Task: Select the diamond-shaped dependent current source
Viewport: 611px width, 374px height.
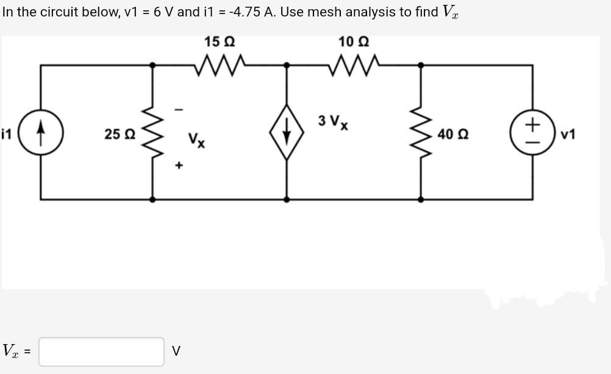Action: [287, 132]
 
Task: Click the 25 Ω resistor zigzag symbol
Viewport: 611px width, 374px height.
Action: [152, 132]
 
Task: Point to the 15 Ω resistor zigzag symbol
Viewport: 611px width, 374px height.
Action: [220, 63]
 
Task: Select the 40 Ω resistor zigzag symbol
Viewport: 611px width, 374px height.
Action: [420, 132]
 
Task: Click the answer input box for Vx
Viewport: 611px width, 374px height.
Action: [101, 351]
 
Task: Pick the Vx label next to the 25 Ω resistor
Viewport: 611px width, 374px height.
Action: [196, 140]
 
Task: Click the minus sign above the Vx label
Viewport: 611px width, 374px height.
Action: [179, 110]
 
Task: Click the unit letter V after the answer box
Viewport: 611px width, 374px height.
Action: [176, 351]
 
